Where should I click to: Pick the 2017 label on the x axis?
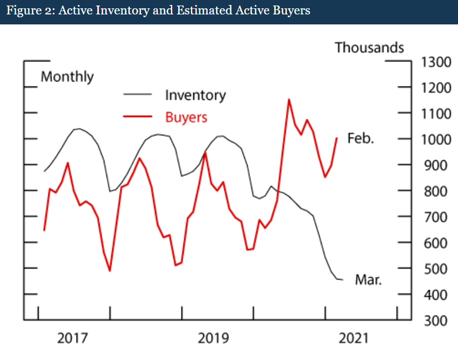tap(73, 338)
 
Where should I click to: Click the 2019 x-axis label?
tap(213, 338)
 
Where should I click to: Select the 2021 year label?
tap(354, 338)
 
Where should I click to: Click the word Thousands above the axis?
tap(369, 48)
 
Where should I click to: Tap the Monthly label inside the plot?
tap(67, 77)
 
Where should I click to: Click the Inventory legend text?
tap(195, 95)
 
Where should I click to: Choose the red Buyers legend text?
tap(186, 117)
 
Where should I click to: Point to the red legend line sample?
tap(137, 117)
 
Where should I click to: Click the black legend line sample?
tap(137, 95)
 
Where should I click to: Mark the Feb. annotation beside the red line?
tap(361, 138)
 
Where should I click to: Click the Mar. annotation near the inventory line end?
tap(369, 280)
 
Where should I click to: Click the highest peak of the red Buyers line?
tap(289, 99)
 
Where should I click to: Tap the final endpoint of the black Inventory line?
tap(342, 280)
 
